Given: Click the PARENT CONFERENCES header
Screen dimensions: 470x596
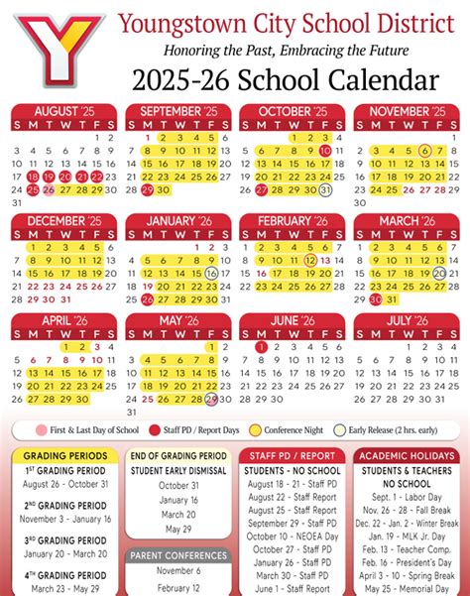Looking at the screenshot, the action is (178, 554).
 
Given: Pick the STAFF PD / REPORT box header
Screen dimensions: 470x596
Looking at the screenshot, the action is (293, 455).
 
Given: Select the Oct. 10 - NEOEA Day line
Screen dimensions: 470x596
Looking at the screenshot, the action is (292, 536).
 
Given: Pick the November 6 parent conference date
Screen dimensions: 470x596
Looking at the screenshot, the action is (178, 571).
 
